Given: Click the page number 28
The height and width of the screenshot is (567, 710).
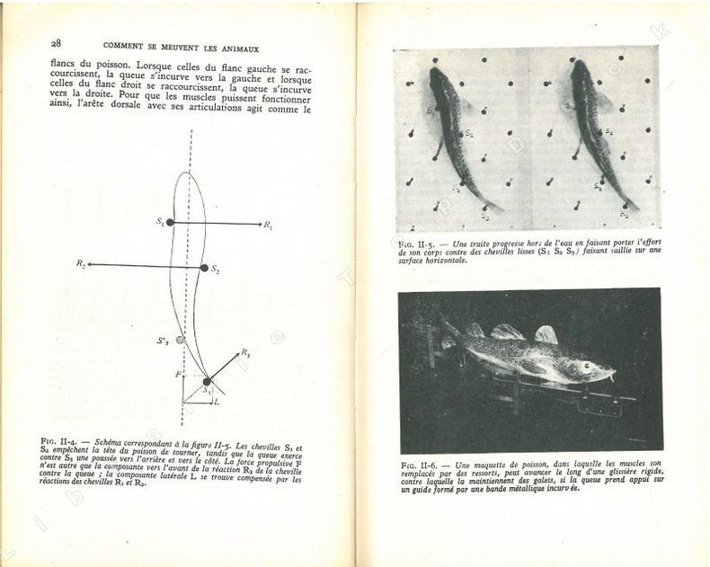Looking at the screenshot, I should (56, 43).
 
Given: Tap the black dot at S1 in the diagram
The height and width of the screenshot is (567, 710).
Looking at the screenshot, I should (170, 222).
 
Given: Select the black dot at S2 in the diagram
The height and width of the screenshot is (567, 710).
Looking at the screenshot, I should (204, 268).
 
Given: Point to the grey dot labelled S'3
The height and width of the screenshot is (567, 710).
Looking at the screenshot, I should (180, 341).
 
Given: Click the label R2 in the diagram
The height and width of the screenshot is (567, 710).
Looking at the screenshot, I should (81, 264).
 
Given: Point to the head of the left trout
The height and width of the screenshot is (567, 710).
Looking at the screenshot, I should (437, 79).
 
